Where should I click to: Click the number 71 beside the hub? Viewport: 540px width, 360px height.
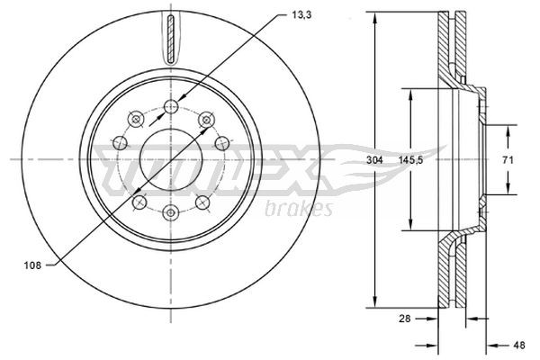(x=508, y=159)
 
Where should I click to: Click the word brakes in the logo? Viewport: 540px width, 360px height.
(x=300, y=209)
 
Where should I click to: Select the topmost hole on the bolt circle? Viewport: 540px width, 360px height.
(x=171, y=107)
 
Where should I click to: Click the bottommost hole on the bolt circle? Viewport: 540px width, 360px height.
(x=171, y=212)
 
